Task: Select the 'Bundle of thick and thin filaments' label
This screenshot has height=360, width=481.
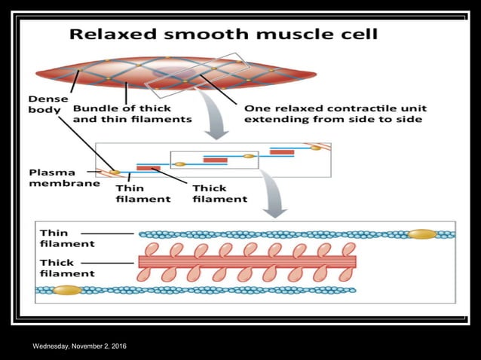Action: pos(132,113)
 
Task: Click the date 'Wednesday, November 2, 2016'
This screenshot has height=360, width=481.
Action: pos(79,346)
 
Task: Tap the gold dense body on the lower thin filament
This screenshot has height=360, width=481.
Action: pos(66,290)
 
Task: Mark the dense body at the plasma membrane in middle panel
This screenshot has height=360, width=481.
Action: pos(114,172)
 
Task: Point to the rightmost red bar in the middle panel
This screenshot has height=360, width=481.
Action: pos(282,152)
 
